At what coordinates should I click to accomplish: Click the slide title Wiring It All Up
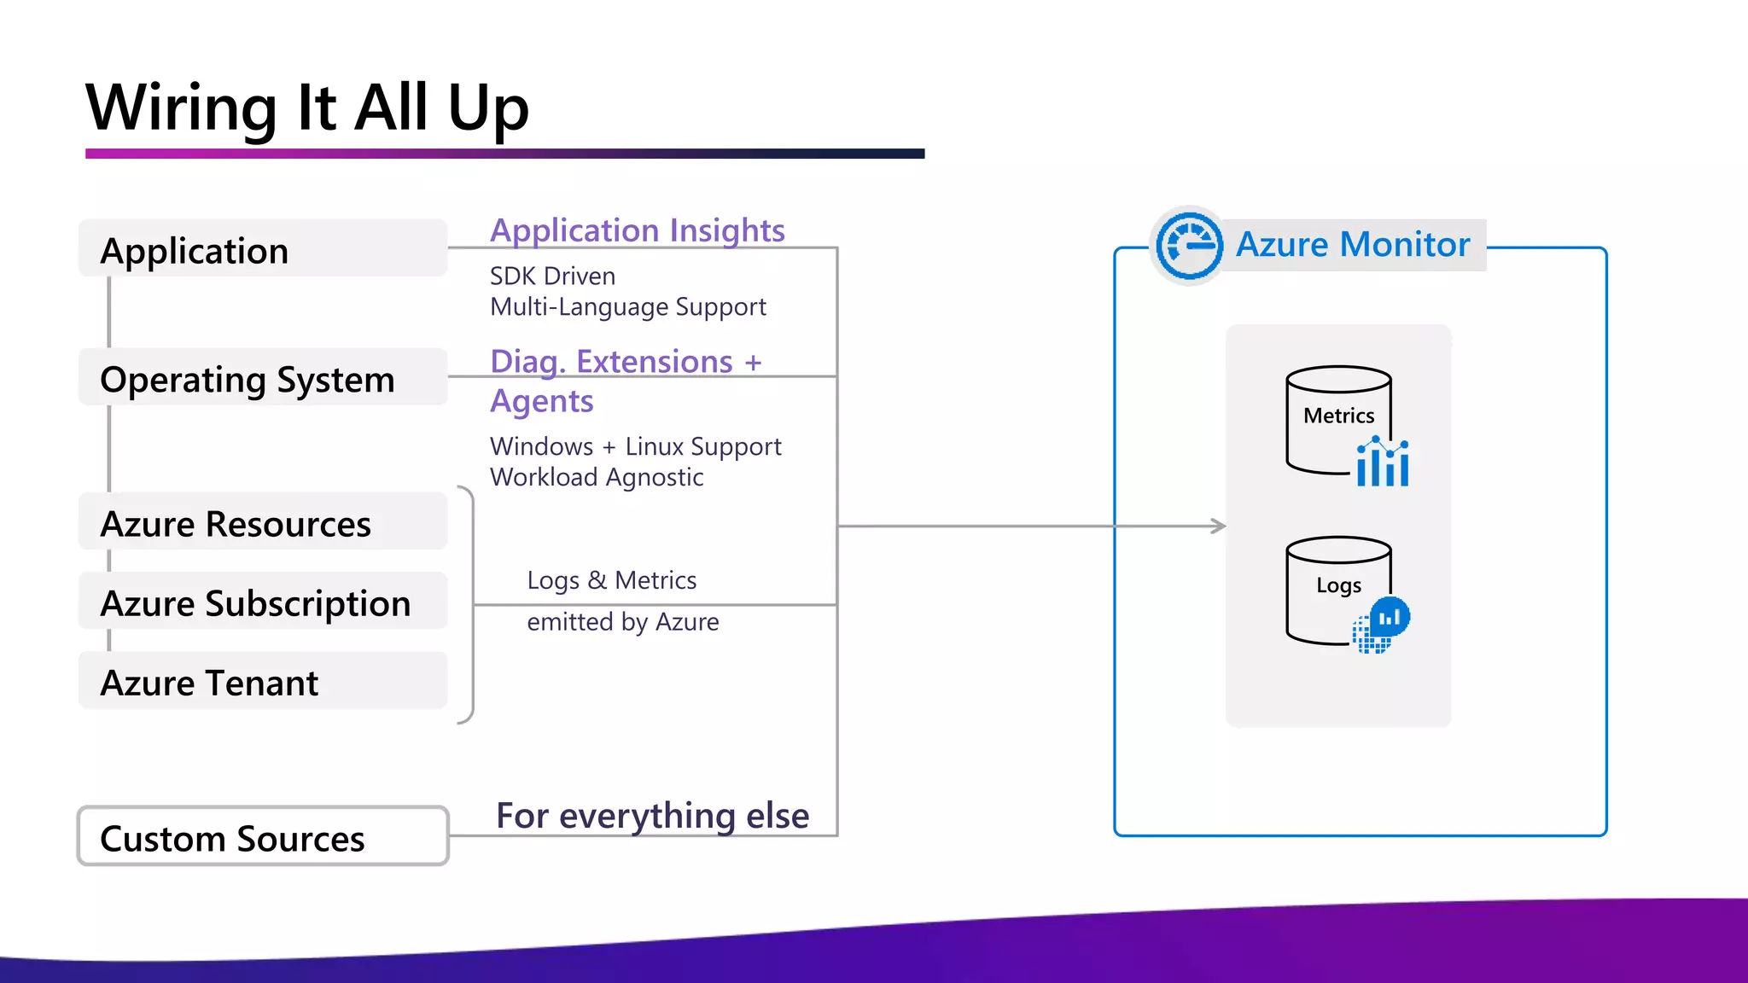coord(307,108)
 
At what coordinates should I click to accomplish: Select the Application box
coord(263,249)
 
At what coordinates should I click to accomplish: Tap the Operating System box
coord(263,378)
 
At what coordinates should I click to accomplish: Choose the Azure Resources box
coord(263,522)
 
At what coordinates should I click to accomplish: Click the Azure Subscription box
coord(263,602)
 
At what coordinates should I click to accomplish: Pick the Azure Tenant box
coord(263,682)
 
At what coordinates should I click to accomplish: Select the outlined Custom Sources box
coord(263,837)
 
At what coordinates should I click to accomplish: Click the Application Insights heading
coord(637,230)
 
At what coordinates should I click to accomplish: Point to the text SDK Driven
coord(552,276)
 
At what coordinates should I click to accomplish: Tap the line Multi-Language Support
coord(627,306)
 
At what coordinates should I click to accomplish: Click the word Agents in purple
coord(541,400)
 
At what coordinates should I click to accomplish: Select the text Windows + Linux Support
coord(635,445)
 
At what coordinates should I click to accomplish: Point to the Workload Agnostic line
coord(596,476)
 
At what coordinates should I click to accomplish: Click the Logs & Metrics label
coord(611,579)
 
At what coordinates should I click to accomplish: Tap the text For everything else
coord(652,815)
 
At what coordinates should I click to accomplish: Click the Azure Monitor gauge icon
coord(1188,245)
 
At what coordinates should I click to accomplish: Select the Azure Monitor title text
coord(1353,244)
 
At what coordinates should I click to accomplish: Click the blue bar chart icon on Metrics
coord(1383,462)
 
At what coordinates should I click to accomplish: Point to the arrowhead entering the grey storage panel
coord(1220,526)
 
